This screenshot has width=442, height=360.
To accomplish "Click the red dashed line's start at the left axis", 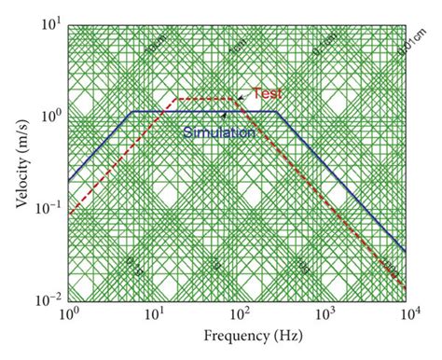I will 69,215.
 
